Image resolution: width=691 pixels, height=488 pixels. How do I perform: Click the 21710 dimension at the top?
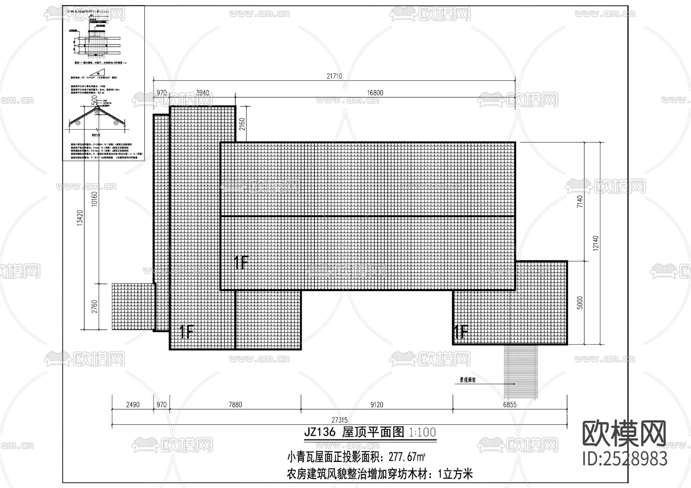334,76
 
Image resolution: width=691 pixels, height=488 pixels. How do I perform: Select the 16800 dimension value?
375,93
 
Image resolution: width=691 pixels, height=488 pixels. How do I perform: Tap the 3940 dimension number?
202,93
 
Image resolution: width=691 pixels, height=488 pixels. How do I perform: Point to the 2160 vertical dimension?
242,124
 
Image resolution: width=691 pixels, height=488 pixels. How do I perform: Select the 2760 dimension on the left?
95,307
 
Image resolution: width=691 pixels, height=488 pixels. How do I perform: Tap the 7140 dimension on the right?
580,202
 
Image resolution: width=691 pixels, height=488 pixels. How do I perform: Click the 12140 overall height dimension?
595,243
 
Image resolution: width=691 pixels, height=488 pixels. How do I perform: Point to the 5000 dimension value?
580,303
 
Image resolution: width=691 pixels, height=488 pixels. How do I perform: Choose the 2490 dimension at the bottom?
133,404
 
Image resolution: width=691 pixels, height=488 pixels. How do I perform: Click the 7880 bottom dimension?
235,404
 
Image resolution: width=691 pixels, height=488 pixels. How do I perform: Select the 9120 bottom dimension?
377,404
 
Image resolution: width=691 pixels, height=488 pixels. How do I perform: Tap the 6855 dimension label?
510,404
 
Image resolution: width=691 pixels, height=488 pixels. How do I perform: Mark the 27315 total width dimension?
339,420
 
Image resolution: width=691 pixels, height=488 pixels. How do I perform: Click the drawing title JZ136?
320,432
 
